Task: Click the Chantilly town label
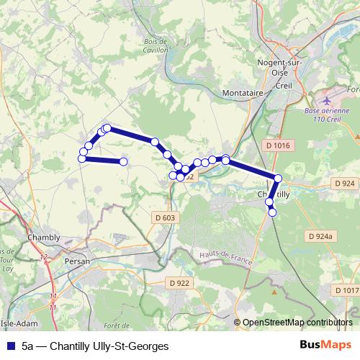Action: click(274, 194)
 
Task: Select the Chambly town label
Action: click(43, 237)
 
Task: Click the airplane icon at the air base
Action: click(330, 99)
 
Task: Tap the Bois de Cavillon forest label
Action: click(156, 47)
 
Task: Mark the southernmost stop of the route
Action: click(272, 212)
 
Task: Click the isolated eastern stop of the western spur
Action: click(123, 162)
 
